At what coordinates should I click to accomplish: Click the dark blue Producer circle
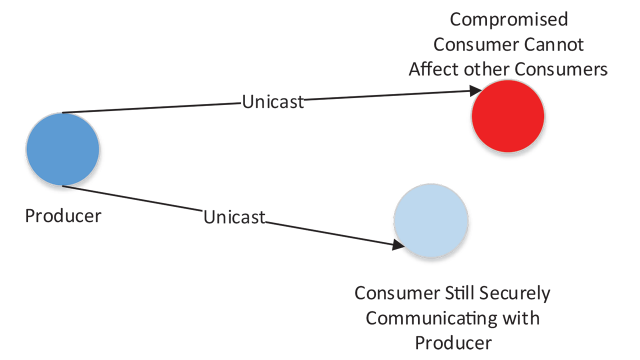[x=62, y=149]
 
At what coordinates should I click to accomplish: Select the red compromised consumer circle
[x=508, y=115]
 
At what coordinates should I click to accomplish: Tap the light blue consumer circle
[x=431, y=220]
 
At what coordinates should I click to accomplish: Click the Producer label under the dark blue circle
[x=63, y=216]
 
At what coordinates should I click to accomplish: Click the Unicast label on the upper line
[x=273, y=101]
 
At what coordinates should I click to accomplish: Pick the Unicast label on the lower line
[x=234, y=217]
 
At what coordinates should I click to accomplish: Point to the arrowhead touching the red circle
[x=475, y=91]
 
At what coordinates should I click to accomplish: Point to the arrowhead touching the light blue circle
[x=399, y=244]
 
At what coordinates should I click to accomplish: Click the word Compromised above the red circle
[x=509, y=19]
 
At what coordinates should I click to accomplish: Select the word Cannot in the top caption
[x=554, y=44]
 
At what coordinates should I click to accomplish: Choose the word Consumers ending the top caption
[x=561, y=69]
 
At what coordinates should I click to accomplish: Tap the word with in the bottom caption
[x=522, y=318]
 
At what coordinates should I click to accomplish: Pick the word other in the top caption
[x=483, y=69]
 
